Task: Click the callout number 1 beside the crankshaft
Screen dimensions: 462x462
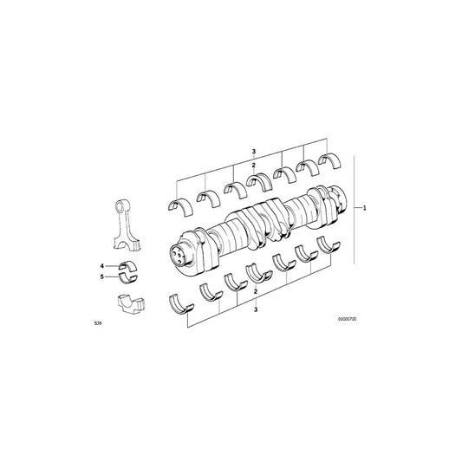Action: [x=365, y=208]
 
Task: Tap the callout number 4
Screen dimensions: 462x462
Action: [x=101, y=265]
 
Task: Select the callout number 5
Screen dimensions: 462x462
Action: [x=101, y=277]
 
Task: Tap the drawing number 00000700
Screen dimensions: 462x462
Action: [x=348, y=319]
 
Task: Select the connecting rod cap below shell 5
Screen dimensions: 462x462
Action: [x=127, y=305]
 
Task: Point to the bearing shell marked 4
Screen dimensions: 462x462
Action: [x=125, y=265]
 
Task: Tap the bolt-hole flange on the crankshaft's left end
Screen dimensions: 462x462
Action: [x=179, y=253]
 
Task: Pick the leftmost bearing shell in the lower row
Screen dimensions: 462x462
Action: [x=180, y=303]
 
